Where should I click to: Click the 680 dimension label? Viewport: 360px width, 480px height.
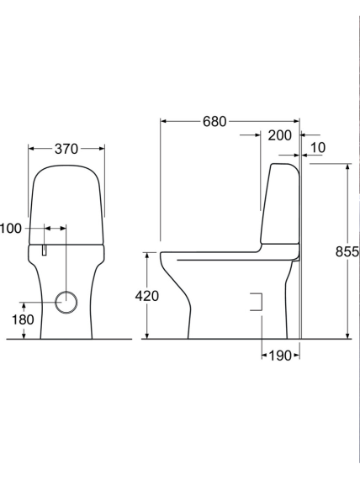214,122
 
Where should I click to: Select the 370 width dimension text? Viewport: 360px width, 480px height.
66,149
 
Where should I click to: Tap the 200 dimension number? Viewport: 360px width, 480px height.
280,135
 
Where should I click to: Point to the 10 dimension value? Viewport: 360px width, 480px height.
318,148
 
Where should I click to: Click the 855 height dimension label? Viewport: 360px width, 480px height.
347,251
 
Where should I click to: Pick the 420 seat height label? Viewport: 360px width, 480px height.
147,296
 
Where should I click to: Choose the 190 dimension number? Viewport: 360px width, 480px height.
280,356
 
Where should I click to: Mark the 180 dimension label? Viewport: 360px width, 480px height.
23,320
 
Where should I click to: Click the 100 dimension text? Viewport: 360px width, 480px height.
11,229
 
